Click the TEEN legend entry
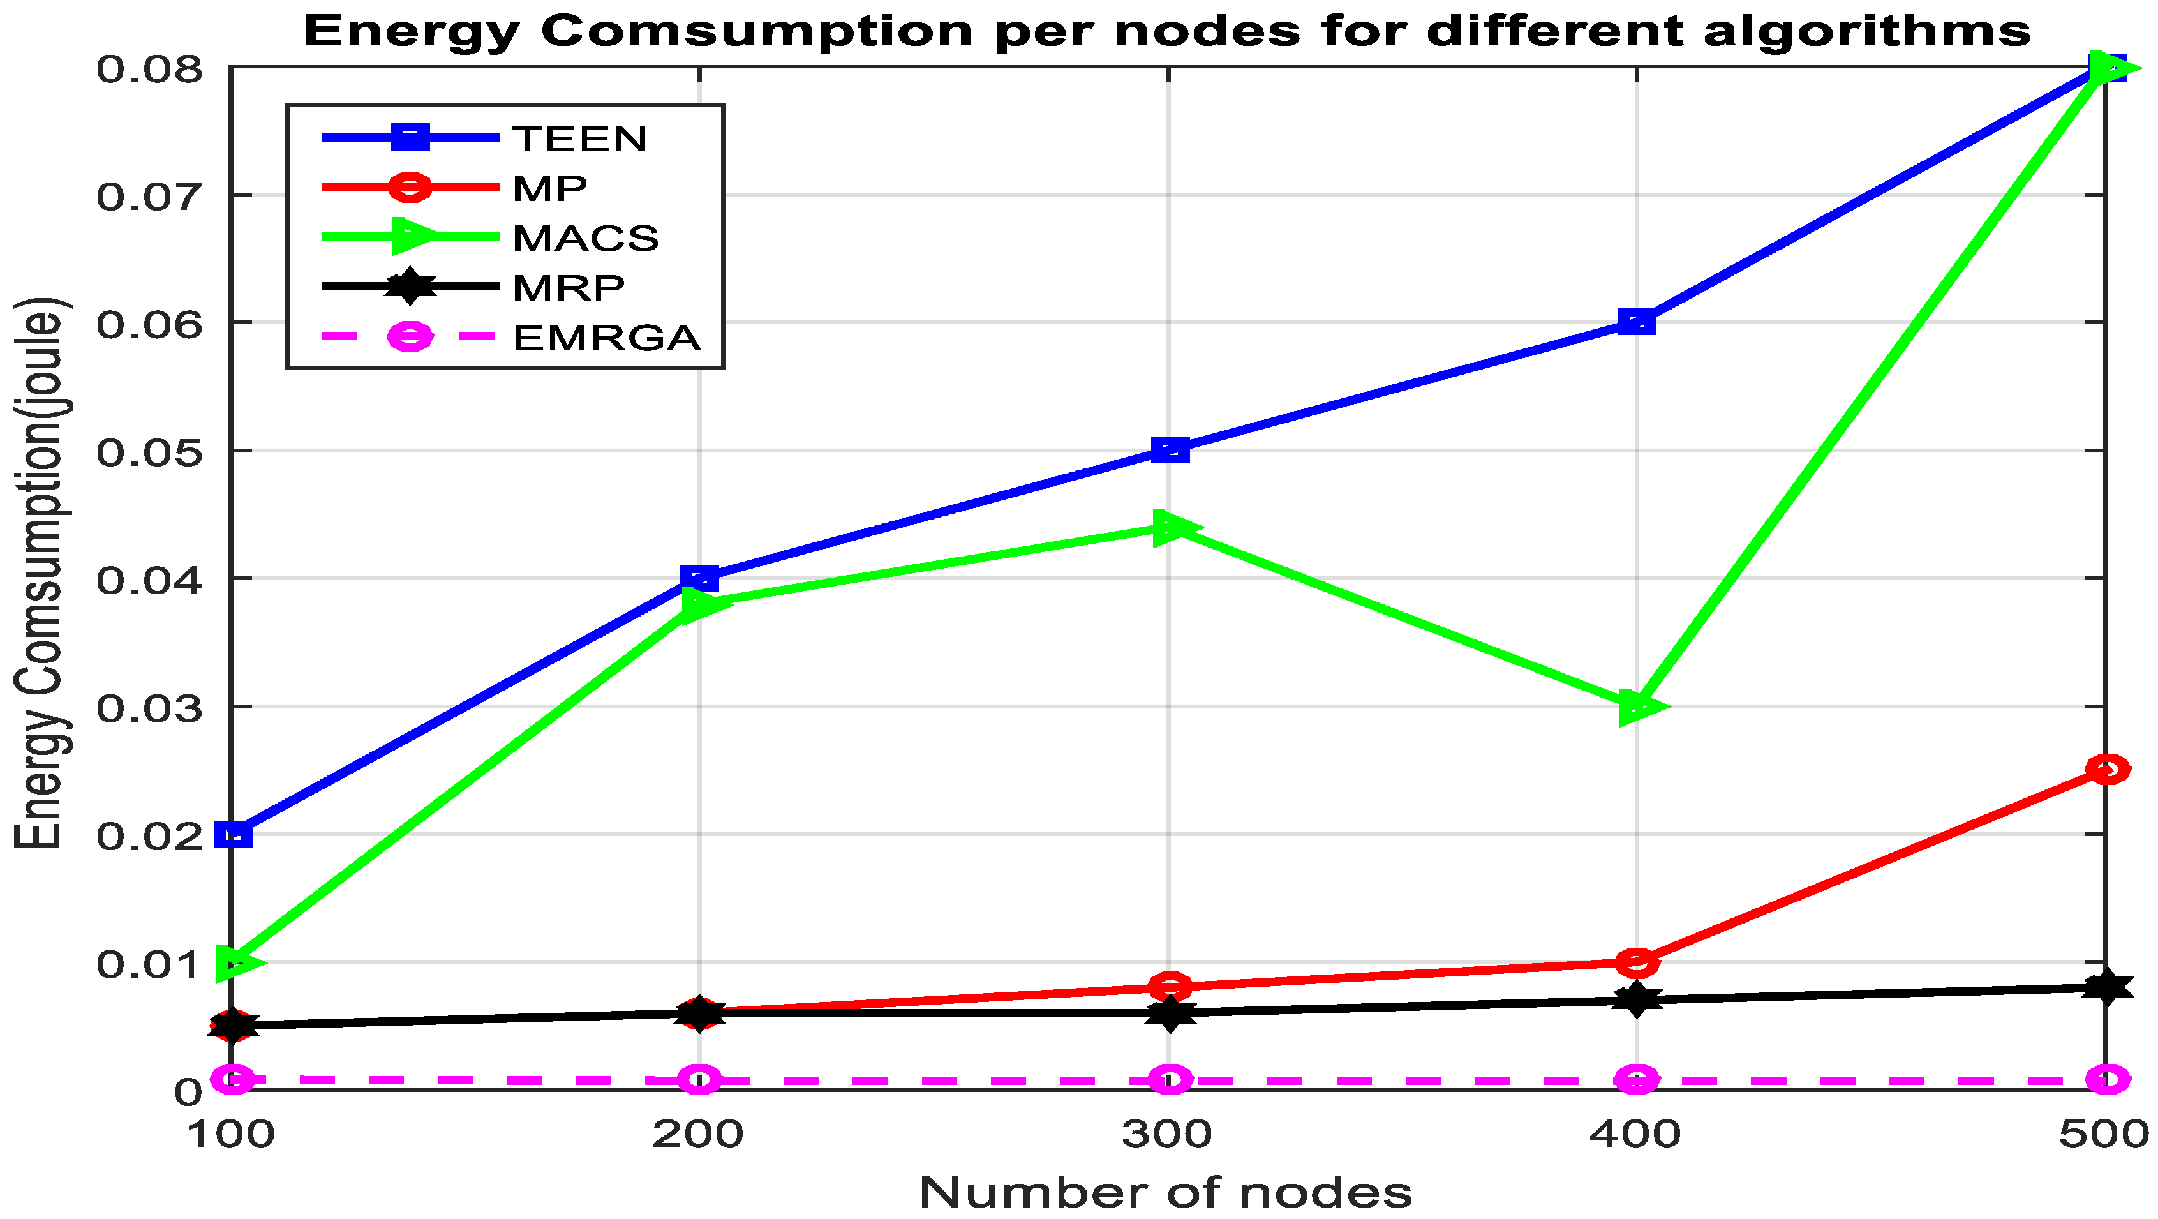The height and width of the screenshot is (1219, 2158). click(580, 138)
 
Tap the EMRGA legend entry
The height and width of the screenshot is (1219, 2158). click(606, 338)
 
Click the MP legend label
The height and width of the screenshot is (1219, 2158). click(549, 188)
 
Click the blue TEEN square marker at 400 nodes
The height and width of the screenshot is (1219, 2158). click(1636, 322)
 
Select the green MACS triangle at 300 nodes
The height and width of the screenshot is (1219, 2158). click(1172, 528)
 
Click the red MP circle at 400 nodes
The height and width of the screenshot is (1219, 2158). click(1636, 962)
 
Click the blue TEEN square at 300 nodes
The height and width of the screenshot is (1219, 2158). click(1170, 450)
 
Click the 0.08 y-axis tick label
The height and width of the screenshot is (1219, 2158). click(150, 69)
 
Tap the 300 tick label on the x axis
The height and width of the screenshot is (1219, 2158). click(1167, 1134)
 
